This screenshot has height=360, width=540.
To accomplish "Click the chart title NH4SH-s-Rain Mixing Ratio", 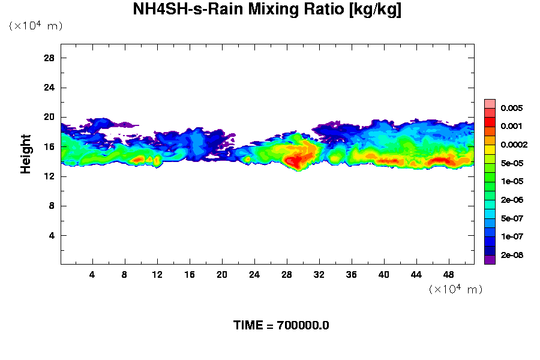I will pyautogui.click(x=267, y=10).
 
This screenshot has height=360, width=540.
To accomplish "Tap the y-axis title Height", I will pyautogui.click(x=26, y=154).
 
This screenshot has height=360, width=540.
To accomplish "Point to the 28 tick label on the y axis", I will pyautogui.click(x=49, y=58).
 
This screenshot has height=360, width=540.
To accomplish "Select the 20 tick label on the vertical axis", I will pyautogui.click(x=49, y=117).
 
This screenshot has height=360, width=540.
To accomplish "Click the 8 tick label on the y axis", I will pyautogui.click(x=52, y=206).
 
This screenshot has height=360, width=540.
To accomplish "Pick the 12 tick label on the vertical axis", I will pyautogui.click(x=49, y=176).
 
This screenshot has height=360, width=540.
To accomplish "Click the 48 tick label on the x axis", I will pyautogui.click(x=448, y=275).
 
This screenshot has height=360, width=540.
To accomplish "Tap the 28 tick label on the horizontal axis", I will pyautogui.click(x=286, y=275).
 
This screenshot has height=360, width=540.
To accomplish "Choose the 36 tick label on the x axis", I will pyautogui.click(x=351, y=275).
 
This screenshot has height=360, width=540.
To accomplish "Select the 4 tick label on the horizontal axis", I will pyautogui.click(x=92, y=275).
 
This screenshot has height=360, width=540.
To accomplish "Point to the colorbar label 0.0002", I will pyautogui.click(x=514, y=145).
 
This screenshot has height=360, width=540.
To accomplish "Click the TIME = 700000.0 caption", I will pyautogui.click(x=281, y=326).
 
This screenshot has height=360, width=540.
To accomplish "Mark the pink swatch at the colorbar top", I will pyautogui.click(x=490, y=103).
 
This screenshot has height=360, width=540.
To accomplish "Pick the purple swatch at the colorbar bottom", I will pyautogui.click(x=490, y=259).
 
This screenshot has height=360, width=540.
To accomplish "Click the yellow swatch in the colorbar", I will pyautogui.click(x=490, y=149).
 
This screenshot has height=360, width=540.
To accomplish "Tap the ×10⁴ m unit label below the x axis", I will pyautogui.click(x=456, y=289).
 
